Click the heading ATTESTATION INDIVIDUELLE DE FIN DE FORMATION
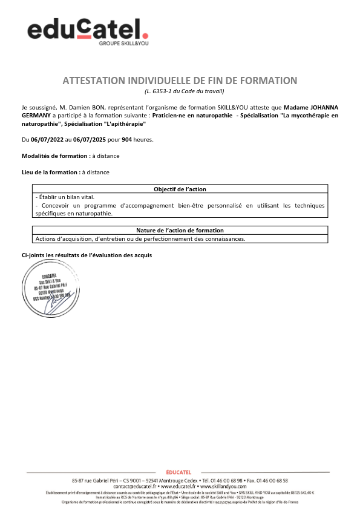coord(180,80)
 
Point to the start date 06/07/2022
coord(47,140)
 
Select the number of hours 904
coord(127,140)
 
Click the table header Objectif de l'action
coord(180,189)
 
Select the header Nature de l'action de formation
coord(180,231)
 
